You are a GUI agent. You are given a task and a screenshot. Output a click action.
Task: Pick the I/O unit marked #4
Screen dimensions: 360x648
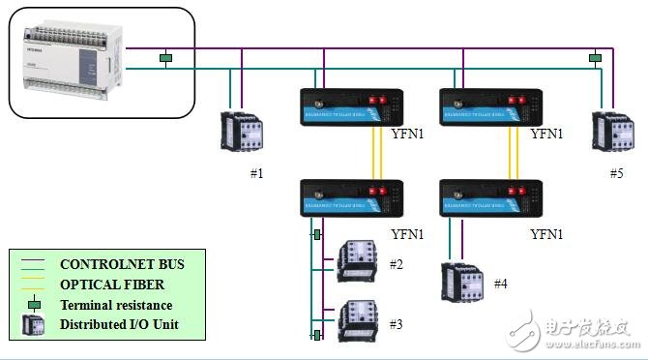pyautogui.click(x=458, y=283)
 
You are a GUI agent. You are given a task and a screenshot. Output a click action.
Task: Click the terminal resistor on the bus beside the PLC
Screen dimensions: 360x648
pyautogui.click(x=165, y=59)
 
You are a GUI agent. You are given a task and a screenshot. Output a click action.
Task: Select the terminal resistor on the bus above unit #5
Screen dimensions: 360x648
pyautogui.click(x=595, y=59)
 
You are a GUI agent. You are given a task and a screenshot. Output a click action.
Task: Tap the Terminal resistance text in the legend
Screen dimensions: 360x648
pyautogui.click(x=123, y=305)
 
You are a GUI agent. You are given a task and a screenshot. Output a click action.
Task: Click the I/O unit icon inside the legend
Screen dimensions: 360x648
pyautogui.click(x=33, y=325)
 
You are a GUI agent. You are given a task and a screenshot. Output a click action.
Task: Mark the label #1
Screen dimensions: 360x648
pyautogui.click(x=257, y=173)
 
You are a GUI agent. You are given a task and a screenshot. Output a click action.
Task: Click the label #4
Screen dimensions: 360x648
pyautogui.click(x=500, y=284)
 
